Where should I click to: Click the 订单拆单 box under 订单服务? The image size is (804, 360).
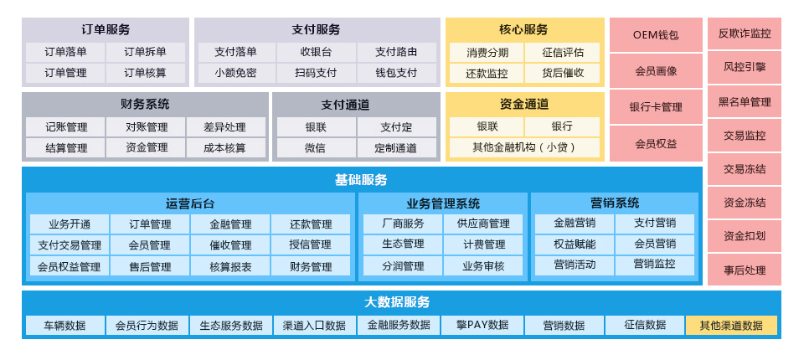pyautogui.click(x=146, y=52)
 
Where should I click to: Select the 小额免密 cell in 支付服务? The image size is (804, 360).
pyautogui.click(x=235, y=73)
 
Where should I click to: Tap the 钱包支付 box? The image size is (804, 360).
pyautogui.click(x=396, y=73)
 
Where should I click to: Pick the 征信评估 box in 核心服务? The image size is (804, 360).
pyautogui.click(x=563, y=52)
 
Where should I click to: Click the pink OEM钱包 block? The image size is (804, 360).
pyautogui.click(x=656, y=35)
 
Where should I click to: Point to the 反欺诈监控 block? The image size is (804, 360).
pyautogui.click(x=745, y=34)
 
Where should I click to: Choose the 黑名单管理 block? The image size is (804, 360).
pyautogui.click(x=745, y=102)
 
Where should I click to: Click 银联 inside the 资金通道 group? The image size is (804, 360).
pyautogui.click(x=487, y=126)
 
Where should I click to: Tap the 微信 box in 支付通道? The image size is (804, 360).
pyautogui.click(x=316, y=148)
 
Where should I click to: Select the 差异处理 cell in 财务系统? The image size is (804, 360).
pyautogui.click(x=225, y=127)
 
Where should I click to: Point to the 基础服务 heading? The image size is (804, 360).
pyautogui.click(x=361, y=179)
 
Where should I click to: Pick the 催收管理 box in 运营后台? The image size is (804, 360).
pyautogui.click(x=230, y=245)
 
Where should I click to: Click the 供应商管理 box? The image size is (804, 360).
pyautogui.click(x=484, y=224)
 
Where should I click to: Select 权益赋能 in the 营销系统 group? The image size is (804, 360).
pyautogui.click(x=575, y=244)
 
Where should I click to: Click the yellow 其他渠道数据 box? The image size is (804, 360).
pyautogui.click(x=731, y=326)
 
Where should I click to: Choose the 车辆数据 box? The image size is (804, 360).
pyautogui.click(x=65, y=326)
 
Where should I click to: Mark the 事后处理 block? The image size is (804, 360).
pyautogui.click(x=745, y=270)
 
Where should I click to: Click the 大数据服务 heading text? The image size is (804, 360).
pyautogui.click(x=397, y=302)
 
